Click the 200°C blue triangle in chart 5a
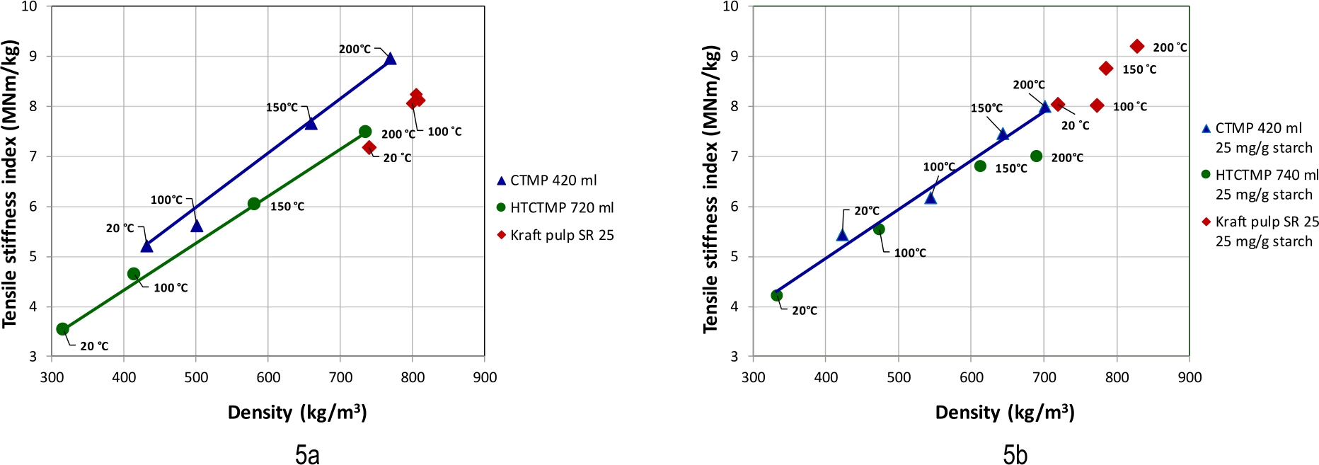(x=390, y=59)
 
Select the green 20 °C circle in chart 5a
(x=63, y=329)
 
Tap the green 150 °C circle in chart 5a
(x=254, y=204)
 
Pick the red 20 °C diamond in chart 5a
(x=369, y=147)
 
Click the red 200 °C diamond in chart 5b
(x=1137, y=47)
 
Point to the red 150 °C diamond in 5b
(x=1106, y=69)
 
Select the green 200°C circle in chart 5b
(x=1037, y=156)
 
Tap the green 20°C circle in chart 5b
(x=777, y=296)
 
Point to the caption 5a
(x=307, y=454)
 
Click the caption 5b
(x=1015, y=454)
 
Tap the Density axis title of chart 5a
(x=297, y=413)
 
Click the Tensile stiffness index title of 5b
(x=710, y=190)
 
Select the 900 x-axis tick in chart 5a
(x=485, y=377)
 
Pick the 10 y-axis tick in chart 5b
(x=730, y=6)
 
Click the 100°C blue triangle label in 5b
(x=939, y=167)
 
